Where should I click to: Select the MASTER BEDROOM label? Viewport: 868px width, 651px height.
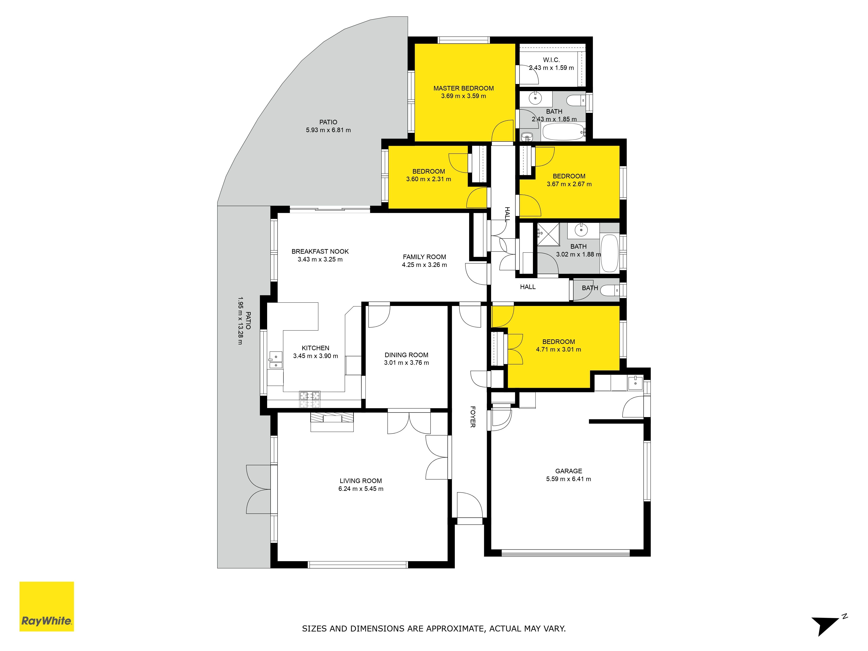[x=464, y=88]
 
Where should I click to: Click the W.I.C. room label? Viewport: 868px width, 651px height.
[x=551, y=60]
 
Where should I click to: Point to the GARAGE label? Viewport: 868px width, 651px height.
[x=569, y=471]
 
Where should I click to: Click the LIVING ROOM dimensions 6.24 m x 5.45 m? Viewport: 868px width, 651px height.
[x=361, y=488]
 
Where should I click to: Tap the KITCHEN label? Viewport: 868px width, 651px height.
[x=316, y=348]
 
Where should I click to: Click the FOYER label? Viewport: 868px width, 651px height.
[x=473, y=417]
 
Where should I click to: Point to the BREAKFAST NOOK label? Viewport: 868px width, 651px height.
[x=320, y=252]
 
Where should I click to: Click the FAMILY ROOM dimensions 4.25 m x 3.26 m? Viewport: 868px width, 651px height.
[x=424, y=265]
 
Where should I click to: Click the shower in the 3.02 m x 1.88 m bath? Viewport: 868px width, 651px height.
[x=548, y=234]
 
